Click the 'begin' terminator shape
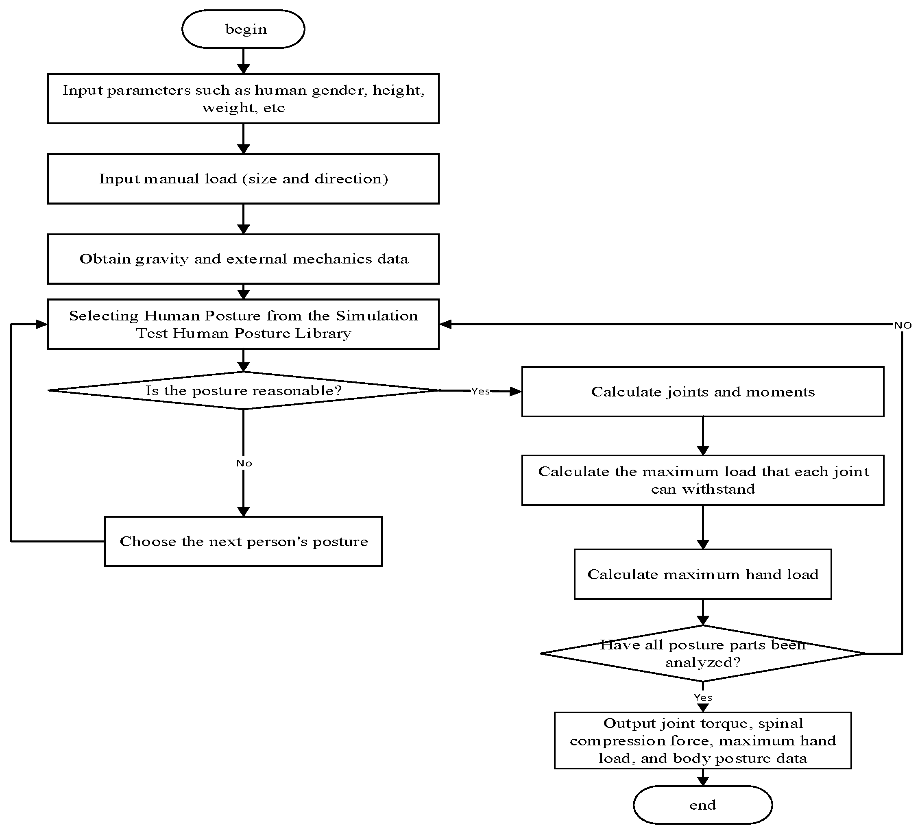243,29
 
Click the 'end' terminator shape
702,805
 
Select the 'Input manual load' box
243,179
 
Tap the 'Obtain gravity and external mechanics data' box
243,259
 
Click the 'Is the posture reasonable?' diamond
243,391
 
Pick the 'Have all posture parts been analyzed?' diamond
702,653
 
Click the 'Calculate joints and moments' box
702,392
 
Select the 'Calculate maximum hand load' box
702,574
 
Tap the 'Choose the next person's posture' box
243,541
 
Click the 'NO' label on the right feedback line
902,325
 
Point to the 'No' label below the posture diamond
244,463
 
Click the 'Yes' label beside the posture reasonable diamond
480,391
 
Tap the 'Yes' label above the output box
703,697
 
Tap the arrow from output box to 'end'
703,777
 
